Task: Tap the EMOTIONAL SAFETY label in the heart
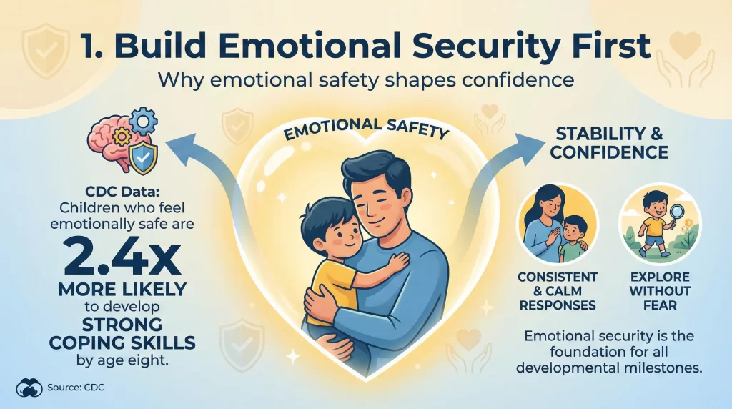pos(365,130)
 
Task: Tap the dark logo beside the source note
pos(30,389)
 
